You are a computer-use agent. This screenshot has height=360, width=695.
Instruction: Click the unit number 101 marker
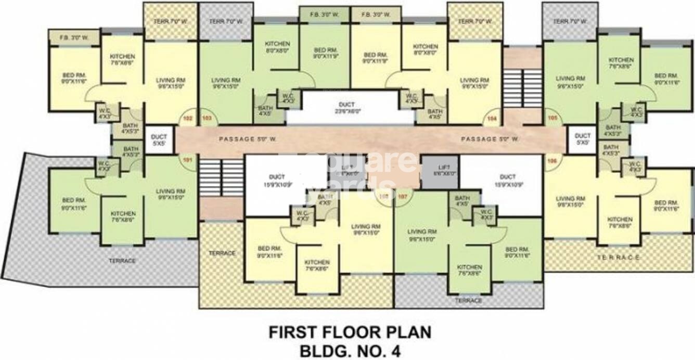point(188,160)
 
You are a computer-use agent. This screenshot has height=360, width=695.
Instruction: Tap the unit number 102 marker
point(188,119)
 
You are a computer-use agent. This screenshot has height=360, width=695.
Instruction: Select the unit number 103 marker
point(207,119)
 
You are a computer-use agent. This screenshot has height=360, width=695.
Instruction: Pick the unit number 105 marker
point(552,119)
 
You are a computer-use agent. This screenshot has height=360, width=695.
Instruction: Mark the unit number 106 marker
point(552,161)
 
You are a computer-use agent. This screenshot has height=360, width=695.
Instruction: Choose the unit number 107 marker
point(402,197)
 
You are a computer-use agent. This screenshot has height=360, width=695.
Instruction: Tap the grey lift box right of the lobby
point(440,170)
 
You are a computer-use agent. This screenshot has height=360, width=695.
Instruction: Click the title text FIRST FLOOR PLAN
point(350,332)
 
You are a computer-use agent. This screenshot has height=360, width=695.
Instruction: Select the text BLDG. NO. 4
point(350,350)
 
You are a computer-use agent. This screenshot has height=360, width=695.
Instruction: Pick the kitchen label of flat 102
point(123,59)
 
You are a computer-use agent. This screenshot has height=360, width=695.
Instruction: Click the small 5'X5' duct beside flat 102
point(159,140)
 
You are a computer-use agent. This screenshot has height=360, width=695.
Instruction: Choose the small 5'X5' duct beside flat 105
point(582,139)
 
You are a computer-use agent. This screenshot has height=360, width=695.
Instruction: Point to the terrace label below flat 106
point(617,258)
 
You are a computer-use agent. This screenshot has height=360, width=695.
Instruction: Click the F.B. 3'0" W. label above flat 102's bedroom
point(73,37)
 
